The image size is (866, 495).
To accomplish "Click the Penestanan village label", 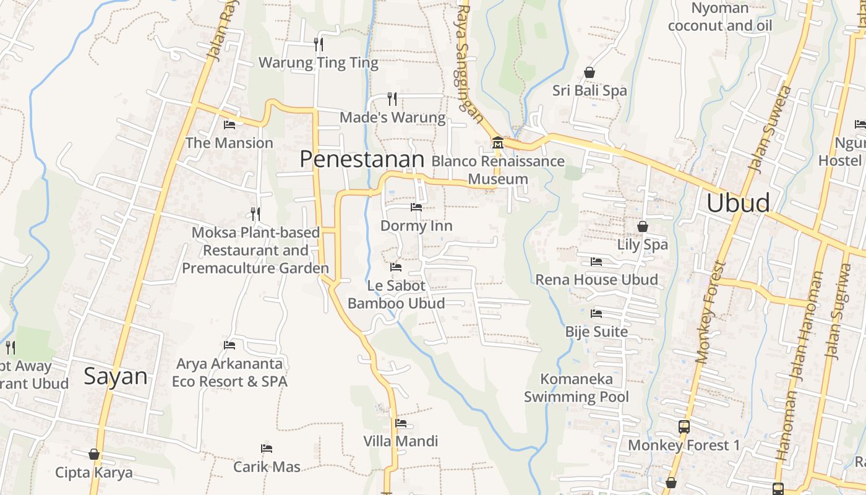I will pyautogui.click(x=362, y=160).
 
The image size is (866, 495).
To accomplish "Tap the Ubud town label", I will pyautogui.click(x=738, y=203).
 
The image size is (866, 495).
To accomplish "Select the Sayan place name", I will pyautogui.click(x=116, y=376).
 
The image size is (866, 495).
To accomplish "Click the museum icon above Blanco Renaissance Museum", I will pyautogui.click(x=497, y=144).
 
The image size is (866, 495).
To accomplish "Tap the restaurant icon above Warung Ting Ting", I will pyautogui.click(x=319, y=44).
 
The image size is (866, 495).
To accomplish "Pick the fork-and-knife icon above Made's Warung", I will pyautogui.click(x=392, y=98).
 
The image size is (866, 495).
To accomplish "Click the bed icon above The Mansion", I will pyautogui.click(x=229, y=124).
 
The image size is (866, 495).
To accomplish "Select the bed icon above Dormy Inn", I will pyautogui.click(x=416, y=207).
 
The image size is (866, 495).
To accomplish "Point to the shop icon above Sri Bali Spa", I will pyautogui.click(x=589, y=72).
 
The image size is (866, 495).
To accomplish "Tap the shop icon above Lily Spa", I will pyautogui.click(x=642, y=226).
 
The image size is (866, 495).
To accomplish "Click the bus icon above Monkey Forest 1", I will pyautogui.click(x=684, y=426).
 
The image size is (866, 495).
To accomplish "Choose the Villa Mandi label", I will pyautogui.click(x=400, y=441).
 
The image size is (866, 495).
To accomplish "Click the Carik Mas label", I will pyautogui.click(x=267, y=467).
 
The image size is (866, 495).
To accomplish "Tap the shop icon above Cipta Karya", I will pyautogui.click(x=94, y=454).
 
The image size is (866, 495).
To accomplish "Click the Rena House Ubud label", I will pyautogui.click(x=596, y=280).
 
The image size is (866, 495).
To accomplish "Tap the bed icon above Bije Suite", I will pyautogui.click(x=596, y=314).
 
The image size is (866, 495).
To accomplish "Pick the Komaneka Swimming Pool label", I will pyautogui.click(x=577, y=388).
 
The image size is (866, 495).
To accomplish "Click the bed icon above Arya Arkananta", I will pyautogui.click(x=229, y=345).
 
